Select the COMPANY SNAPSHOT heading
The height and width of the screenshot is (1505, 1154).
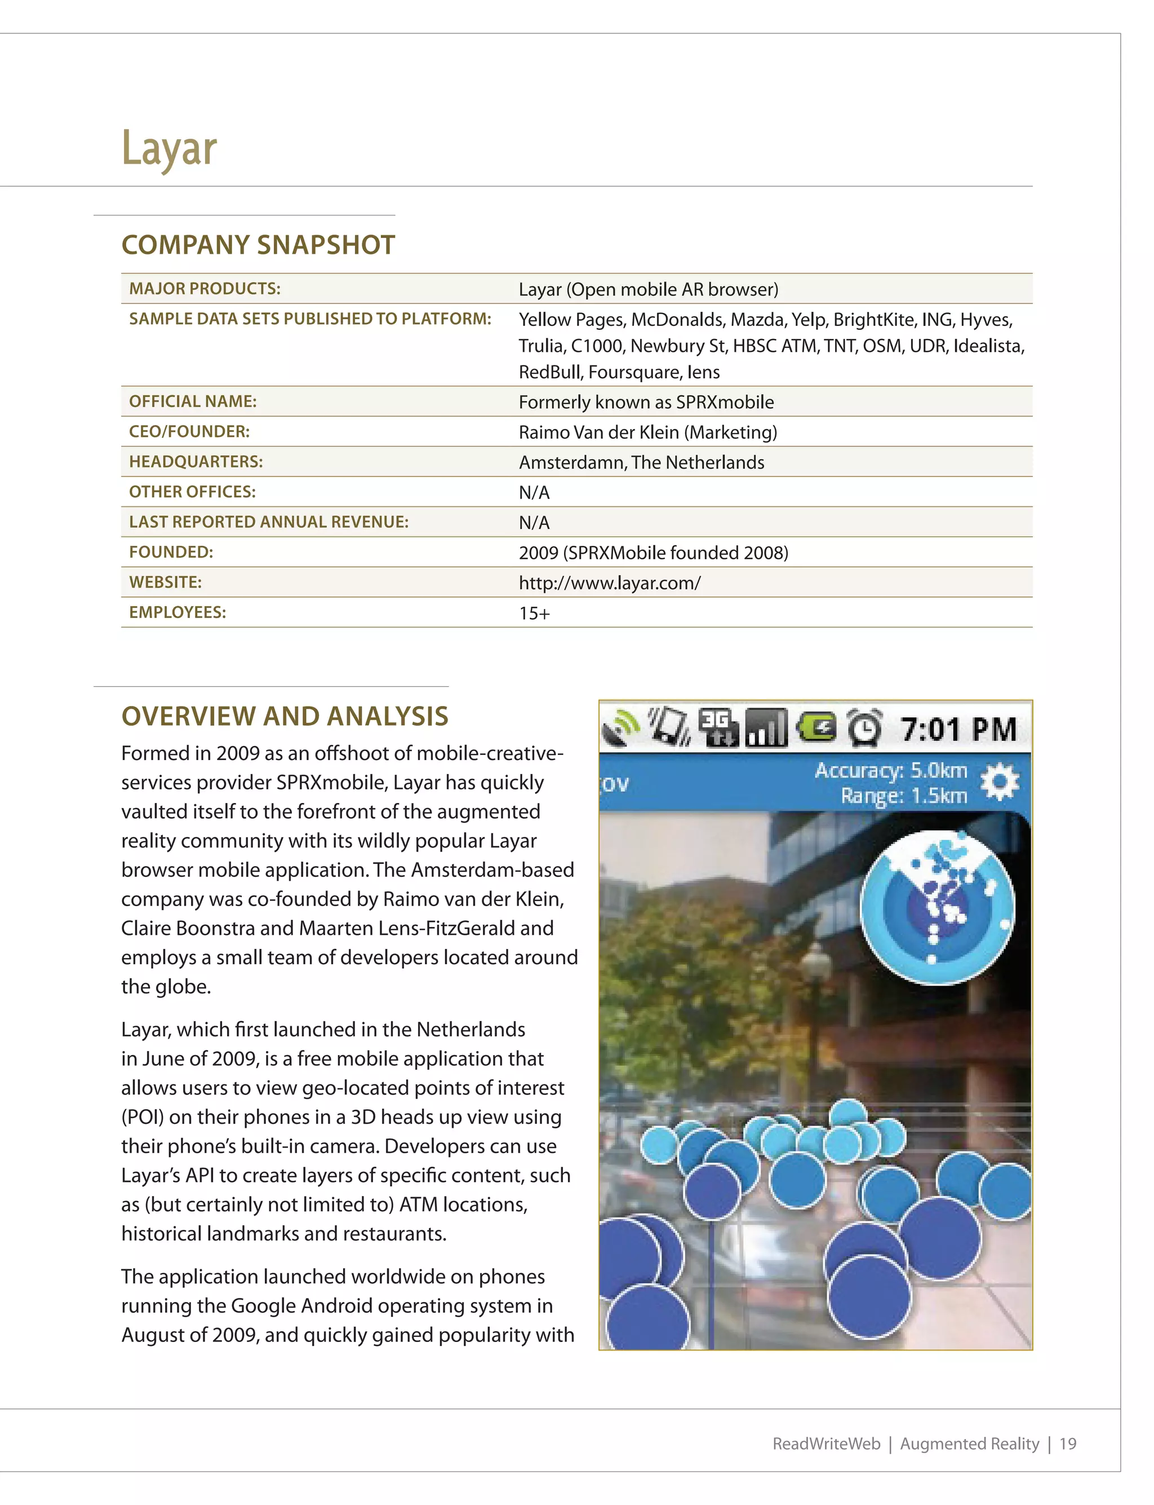(258, 245)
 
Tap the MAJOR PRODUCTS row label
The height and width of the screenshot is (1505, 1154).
(205, 289)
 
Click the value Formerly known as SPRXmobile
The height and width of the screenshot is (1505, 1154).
(646, 402)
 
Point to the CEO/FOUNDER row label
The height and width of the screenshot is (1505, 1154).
(189, 431)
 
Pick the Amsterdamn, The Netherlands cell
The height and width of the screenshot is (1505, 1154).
(641, 462)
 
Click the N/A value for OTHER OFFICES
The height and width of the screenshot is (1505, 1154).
(534, 493)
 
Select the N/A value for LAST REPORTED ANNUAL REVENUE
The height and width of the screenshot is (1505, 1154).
(534, 523)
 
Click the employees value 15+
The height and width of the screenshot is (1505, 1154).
(534, 614)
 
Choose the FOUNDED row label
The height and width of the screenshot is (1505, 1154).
(171, 553)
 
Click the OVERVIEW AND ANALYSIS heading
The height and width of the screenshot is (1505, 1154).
(285, 716)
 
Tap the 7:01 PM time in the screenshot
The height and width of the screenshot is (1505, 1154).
(958, 729)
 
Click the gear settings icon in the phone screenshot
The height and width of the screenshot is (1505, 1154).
(1000, 782)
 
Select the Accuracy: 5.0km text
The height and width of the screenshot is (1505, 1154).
(890, 770)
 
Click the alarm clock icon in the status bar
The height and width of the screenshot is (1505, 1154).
(864, 728)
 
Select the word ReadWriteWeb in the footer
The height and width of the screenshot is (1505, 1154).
(827, 1444)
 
